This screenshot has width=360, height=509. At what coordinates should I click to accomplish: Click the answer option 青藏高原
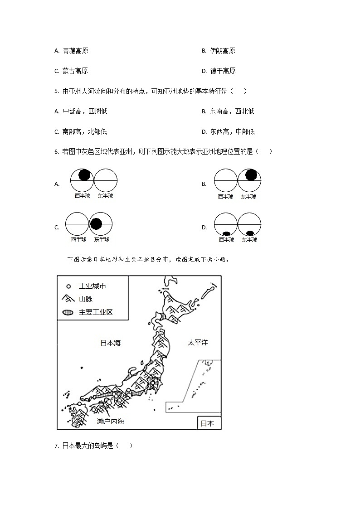(x=75, y=51)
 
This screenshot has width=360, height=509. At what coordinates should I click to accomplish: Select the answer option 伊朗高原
(x=222, y=51)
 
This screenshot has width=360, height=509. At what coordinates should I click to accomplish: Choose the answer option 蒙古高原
(x=75, y=71)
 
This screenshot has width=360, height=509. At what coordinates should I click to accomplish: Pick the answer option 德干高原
(x=223, y=71)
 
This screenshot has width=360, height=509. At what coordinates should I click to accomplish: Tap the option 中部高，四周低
(x=85, y=111)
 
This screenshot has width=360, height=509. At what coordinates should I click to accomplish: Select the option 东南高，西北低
(x=232, y=111)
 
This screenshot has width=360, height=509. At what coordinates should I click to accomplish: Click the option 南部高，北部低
(x=85, y=132)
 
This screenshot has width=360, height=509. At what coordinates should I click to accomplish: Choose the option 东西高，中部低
(x=232, y=132)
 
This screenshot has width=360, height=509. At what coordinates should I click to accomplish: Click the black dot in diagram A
(x=84, y=175)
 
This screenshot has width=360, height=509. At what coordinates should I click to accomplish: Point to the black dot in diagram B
(x=251, y=175)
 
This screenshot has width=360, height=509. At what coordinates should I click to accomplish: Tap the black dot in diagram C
(x=96, y=223)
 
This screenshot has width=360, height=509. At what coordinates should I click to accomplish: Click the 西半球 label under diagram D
(x=226, y=240)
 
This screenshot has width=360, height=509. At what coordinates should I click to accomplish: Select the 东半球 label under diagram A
(x=106, y=196)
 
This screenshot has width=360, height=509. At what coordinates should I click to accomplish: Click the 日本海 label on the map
(x=110, y=343)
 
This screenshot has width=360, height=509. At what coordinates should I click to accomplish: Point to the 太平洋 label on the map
(x=198, y=343)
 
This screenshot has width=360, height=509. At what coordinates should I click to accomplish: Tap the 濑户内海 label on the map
(x=111, y=422)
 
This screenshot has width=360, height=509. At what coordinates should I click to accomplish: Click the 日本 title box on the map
(x=209, y=423)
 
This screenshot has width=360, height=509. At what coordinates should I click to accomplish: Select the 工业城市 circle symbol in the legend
(x=68, y=286)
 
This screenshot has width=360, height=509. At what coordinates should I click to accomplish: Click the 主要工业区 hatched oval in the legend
(x=68, y=313)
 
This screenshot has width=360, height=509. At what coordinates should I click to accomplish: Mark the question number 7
(x=57, y=446)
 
